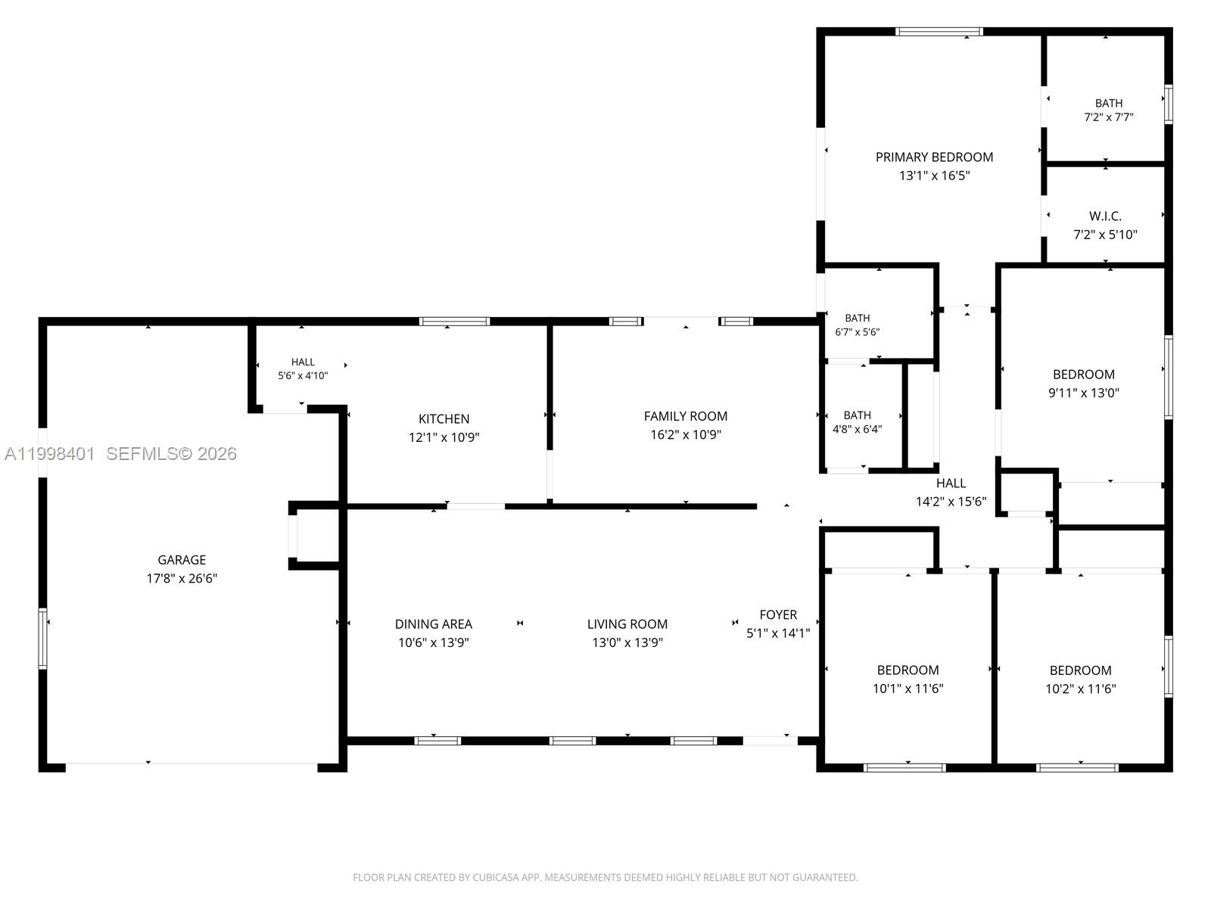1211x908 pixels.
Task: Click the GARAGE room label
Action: tap(182, 560)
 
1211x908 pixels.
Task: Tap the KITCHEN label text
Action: tap(444, 418)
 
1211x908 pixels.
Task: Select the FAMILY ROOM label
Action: tap(685, 415)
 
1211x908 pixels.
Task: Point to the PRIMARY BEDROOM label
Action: tap(934, 157)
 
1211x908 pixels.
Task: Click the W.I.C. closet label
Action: tap(1105, 216)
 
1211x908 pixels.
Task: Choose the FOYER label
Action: tap(778, 614)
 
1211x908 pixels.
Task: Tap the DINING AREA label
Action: tap(433, 623)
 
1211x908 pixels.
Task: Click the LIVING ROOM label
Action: tap(627, 623)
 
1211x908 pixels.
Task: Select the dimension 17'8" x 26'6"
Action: tap(182, 578)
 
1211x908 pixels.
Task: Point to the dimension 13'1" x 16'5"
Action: tap(934, 176)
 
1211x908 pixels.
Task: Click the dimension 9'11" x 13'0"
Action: tap(1084, 393)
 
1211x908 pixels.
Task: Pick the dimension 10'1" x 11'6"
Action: tap(907, 688)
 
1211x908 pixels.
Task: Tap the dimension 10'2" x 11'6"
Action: tap(1080, 689)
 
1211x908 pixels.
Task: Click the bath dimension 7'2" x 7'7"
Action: tap(1108, 117)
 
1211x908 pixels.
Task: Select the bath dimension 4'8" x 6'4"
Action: tap(857, 429)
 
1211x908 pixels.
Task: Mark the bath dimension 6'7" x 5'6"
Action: tap(857, 332)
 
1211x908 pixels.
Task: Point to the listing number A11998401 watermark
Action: tap(50, 454)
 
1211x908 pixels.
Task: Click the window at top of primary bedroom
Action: tap(939, 32)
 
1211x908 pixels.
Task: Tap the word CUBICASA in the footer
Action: tap(495, 877)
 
